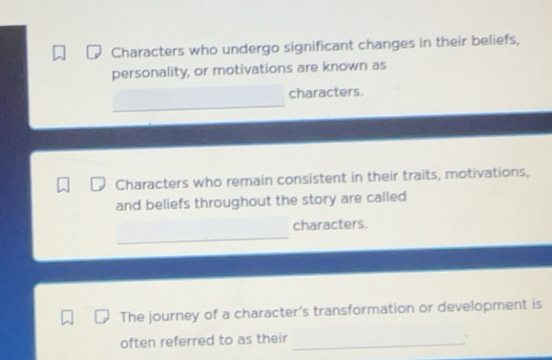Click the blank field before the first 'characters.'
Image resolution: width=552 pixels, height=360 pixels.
pos(198,97)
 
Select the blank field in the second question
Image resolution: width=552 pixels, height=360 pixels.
pos(203,228)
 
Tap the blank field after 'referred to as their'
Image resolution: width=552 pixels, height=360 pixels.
pos(378,338)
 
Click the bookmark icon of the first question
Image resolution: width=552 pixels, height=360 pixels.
pos(58,53)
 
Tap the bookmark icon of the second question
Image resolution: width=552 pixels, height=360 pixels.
pos(63,186)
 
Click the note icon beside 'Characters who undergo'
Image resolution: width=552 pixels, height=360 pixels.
pos(94,53)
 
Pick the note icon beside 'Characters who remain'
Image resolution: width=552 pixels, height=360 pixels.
pos(98,185)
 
